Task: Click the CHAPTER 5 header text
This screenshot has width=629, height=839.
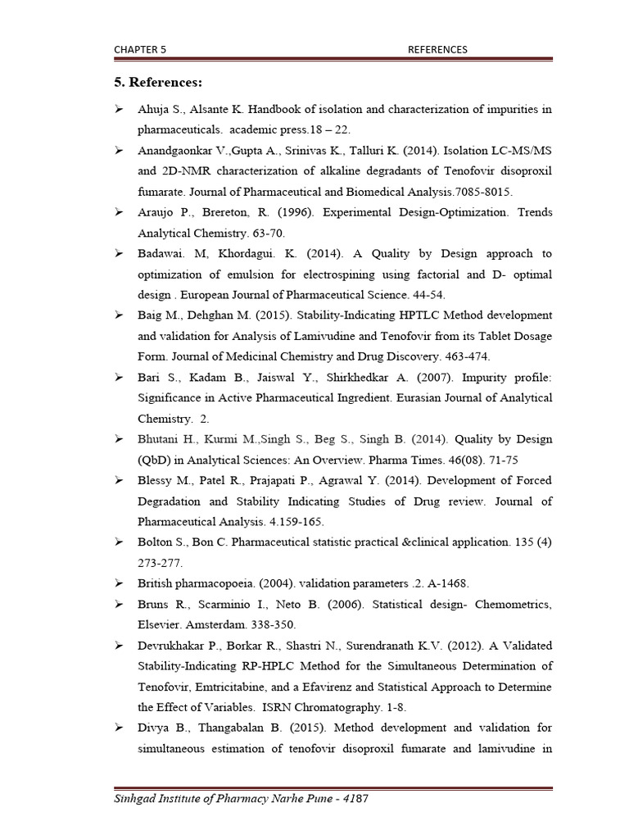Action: coord(140,49)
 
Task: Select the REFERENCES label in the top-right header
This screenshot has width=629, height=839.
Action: coord(437,49)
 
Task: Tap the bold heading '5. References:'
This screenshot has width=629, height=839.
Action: coord(158,83)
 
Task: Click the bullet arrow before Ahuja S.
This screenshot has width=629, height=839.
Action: coord(119,109)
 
